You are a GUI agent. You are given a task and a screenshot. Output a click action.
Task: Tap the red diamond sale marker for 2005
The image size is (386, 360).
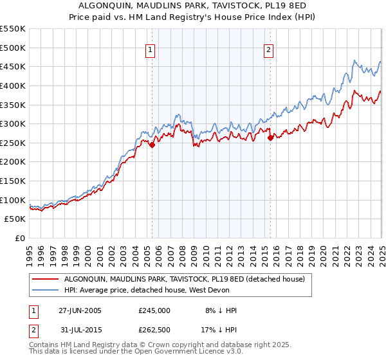click(x=152, y=145)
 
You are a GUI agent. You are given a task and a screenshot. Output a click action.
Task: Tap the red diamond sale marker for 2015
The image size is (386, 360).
click(x=270, y=137)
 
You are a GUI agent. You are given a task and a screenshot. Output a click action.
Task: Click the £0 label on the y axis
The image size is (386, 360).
click(x=19, y=238)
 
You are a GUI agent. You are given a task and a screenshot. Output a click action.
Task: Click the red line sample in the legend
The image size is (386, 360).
click(x=45, y=279)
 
